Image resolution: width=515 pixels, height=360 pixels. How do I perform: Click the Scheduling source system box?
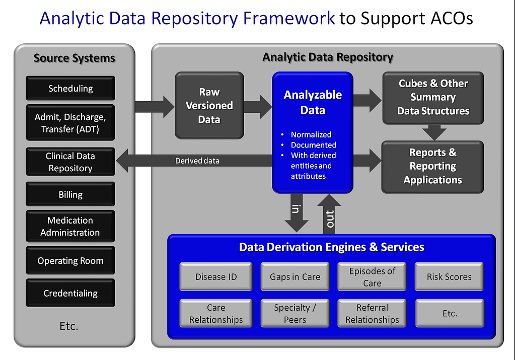(70, 88)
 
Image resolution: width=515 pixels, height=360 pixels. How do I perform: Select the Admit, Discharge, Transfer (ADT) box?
(70, 122)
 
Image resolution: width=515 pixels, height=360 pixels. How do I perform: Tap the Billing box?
(70, 194)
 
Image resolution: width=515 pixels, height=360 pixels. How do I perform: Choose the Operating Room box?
(70, 260)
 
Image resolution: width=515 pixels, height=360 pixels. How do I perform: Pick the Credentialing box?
(70, 293)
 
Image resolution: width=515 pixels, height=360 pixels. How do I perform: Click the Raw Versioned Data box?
(209, 105)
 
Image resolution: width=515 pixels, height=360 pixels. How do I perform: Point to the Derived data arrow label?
(197, 161)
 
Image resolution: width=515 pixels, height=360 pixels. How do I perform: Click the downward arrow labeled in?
(296, 213)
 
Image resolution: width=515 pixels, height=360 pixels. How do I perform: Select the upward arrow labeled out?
(329, 214)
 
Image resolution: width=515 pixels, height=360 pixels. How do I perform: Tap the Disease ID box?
(216, 276)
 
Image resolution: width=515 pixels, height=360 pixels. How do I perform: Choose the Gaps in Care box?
(295, 276)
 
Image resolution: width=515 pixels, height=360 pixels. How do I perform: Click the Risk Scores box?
(449, 276)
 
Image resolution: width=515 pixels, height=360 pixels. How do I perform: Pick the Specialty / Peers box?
(295, 313)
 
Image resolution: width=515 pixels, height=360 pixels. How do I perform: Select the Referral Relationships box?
(372, 313)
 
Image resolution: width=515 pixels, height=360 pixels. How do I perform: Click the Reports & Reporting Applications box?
(432, 167)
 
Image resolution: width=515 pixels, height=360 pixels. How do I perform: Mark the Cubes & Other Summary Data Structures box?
(433, 98)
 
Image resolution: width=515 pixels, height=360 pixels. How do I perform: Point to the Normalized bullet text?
(311, 134)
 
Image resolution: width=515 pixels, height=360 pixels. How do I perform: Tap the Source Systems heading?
(74, 58)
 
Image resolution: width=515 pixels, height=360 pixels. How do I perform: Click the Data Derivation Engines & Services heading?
(331, 247)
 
